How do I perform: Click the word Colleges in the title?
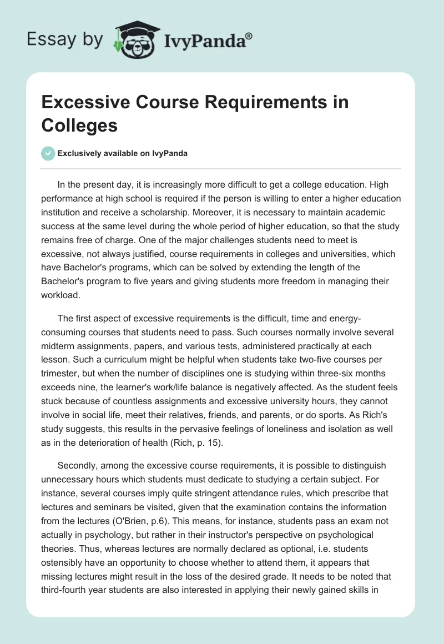[79, 125]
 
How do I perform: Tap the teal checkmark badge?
[49, 153]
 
